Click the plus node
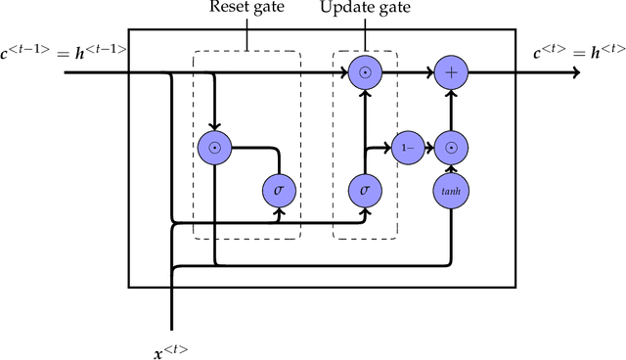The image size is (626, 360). click(451, 71)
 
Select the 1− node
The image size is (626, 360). click(406, 148)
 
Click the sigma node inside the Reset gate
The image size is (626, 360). click(279, 189)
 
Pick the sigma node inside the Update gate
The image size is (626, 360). click(364, 189)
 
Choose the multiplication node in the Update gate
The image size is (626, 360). click(364, 71)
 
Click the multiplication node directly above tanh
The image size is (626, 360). click(451, 148)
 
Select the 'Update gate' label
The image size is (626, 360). click(364, 10)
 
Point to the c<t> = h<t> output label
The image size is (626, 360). click(578, 51)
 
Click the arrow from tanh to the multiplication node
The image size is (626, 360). click(451, 169)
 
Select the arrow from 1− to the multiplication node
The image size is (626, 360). click(428, 148)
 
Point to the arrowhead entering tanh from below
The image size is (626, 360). click(451, 210)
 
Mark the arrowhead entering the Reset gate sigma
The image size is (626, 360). click(279, 208)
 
